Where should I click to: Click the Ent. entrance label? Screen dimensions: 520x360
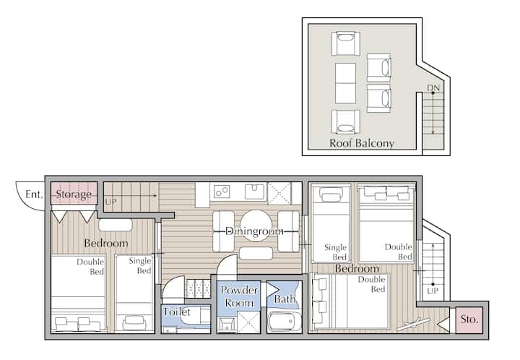pyautogui.click(x=34, y=194)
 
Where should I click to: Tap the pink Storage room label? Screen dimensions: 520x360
pyautogui.click(x=74, y=194)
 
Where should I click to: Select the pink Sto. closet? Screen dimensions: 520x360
pyautogui.click(x=469, y=320)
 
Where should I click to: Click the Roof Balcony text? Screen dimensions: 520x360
pyautogui.click(x=362, y=143)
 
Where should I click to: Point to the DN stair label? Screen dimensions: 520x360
pyautogui.click(x=433, y=88)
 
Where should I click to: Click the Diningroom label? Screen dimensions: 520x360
pyautogui.click(x=254, y=231)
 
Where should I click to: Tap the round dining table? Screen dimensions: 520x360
pyautogui.click(x=256, y=226)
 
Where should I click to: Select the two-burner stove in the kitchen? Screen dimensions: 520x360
pyautogui.click(x=222, y=192)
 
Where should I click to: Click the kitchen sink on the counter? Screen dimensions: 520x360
pyautogui.click(x=255, y=192)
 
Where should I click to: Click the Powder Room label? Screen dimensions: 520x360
pyautogui.click(x=239, y=296)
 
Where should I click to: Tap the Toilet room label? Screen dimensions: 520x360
pyautogui.click(x=177, y=312)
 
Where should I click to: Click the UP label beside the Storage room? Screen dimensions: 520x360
pyautogui.click(x=110, y=202)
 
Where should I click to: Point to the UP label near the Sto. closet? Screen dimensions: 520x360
pyautogui.click(x=433, y=291)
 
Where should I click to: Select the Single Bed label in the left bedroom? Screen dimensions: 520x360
pyautogui.click(x=140, y=266)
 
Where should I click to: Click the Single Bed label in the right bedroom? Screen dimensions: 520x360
pyautogui.click(x=335, y=252)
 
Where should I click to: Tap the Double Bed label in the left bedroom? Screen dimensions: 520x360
pyautogui.click(x=90, y=267)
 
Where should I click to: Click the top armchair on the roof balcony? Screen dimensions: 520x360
pyautogui.click(x=345, y=43)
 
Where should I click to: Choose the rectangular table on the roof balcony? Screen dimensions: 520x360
pyautogui.click(x=345, y=83)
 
